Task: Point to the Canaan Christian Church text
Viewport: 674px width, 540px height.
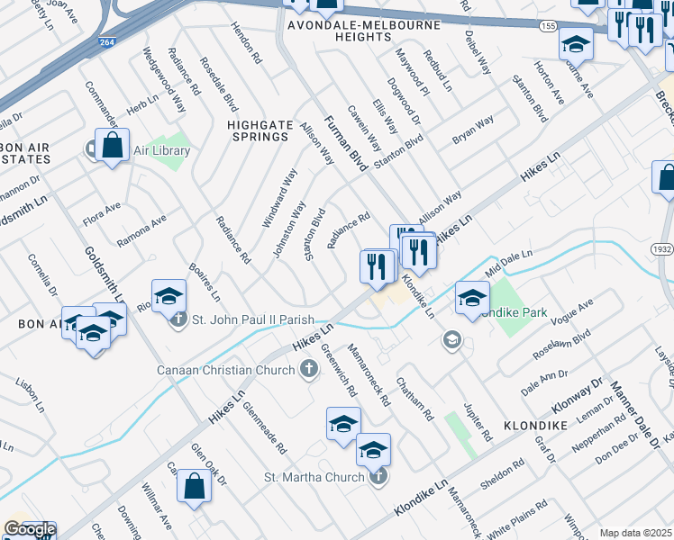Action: [x=225, y=370]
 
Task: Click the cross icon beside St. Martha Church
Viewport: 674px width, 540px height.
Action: [x=379, y=476]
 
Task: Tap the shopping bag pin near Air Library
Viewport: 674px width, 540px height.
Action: [x=112, y=146]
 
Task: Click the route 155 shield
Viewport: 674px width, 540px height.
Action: [x=548, y=28]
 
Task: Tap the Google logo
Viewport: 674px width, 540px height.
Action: [x=29, y=530]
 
